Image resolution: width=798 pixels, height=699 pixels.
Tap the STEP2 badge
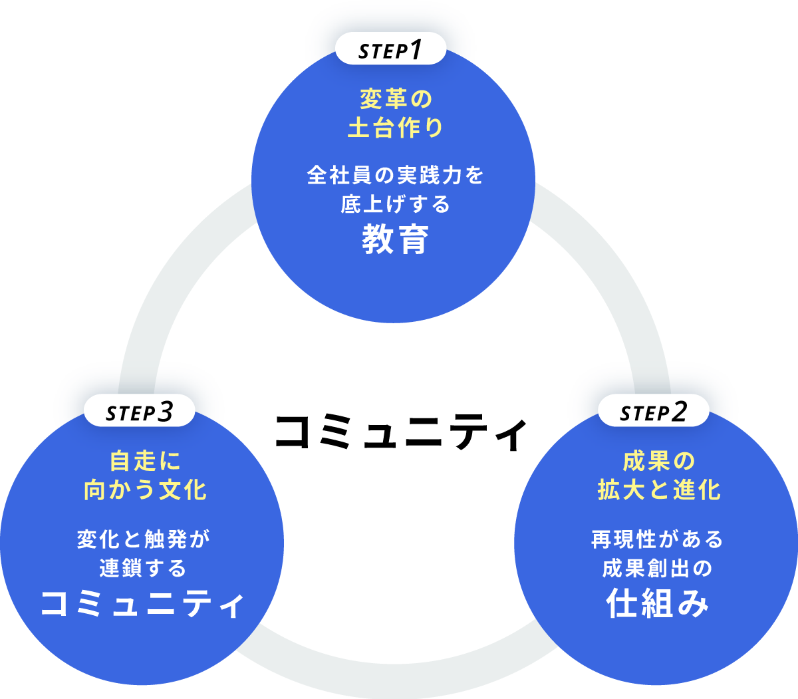coord(652,412)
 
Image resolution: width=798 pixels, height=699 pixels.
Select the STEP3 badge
coord(140,412)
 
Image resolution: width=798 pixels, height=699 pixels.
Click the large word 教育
coord(396,240)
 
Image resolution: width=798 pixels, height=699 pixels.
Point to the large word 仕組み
coord(657,603)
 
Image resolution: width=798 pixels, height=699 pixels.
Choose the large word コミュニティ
coord(142,603)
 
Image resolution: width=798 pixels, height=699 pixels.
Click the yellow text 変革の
coord(396,99)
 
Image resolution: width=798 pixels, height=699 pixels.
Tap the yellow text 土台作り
coord(396,128)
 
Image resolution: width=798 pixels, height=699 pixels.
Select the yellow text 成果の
coord(658,461)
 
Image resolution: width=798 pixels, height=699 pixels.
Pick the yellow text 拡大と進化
coord(658,490)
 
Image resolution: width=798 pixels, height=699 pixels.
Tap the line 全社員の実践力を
coord(396,176)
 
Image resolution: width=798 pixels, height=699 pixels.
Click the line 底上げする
coord(396,204)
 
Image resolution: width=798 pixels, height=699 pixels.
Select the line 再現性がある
coord(657,539)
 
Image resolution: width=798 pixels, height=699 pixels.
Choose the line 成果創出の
coord(657,569)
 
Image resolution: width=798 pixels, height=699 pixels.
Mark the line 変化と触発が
coord(143,539)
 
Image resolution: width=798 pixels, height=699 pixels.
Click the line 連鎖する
coord(143,569)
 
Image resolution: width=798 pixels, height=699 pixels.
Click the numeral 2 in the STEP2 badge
coord(678,412)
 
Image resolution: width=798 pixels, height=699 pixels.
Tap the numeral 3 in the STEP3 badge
coord(166,412)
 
